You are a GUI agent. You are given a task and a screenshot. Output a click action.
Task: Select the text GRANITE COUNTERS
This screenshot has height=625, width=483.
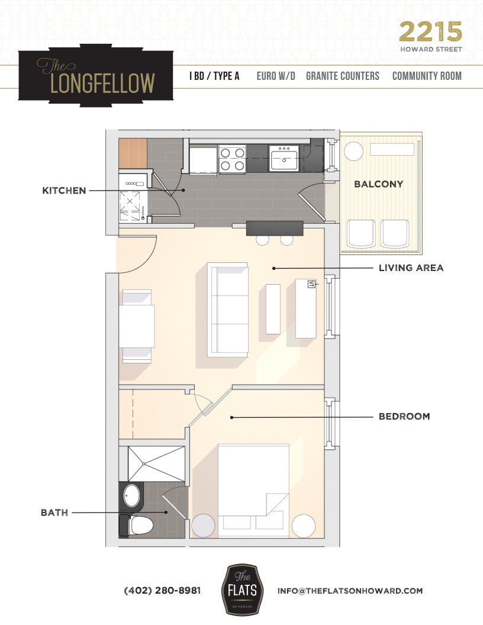(343, 76)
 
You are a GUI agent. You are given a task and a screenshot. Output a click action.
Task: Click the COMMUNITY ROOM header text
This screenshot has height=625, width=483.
(427, 76)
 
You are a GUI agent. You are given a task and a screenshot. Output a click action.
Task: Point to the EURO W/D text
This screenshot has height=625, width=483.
(276, 76)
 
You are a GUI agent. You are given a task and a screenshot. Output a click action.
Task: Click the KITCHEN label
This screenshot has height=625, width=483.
(64, 191)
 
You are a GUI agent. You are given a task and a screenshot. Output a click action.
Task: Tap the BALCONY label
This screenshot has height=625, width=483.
(378, 184)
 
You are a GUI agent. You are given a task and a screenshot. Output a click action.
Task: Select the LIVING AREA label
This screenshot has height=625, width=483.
(411, 268)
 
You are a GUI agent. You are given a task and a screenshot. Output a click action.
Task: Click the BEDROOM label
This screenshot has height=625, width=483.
(404, 417)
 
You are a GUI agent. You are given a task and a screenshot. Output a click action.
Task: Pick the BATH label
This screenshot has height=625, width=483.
(54, 513)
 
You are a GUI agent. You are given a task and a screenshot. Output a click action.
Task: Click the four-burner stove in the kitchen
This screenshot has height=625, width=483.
(232, 159)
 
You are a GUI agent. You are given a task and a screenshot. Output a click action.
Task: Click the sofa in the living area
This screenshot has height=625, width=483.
(227, 309)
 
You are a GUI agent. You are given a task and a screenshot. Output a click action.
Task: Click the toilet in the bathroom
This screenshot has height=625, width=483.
(138, 524)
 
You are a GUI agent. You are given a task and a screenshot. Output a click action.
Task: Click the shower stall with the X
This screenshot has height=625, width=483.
(156, 463)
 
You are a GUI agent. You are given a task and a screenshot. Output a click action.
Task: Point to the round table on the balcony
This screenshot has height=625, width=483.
(353, 152)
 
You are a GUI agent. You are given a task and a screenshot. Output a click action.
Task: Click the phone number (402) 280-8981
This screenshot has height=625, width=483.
(162, 591)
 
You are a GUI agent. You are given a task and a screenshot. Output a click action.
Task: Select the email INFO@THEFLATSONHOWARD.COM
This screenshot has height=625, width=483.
(350, 591)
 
